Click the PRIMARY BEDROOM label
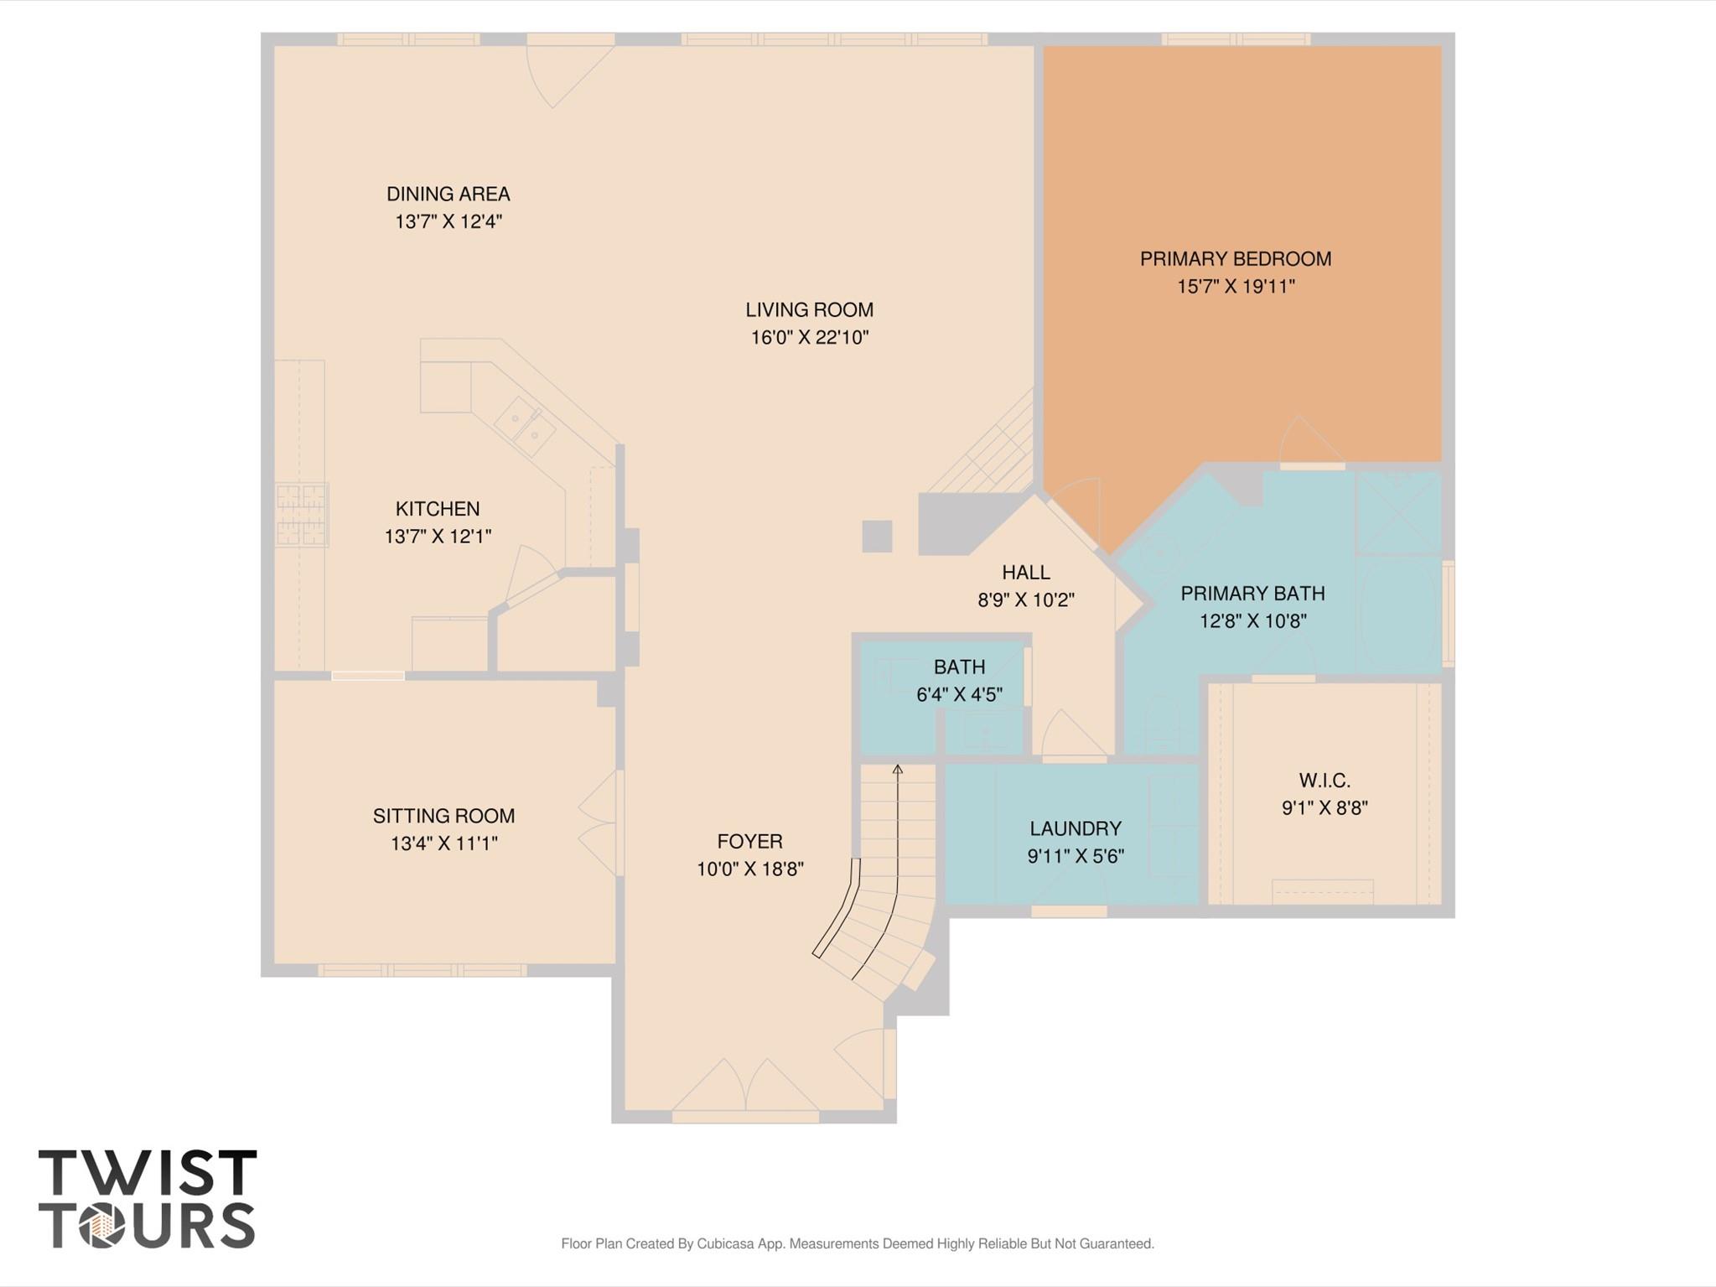click(1235, 259)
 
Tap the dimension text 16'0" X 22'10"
click(809, 338)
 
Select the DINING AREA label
click(448, 195)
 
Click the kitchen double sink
click(525, 426)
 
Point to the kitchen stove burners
click(301, 515)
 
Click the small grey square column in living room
click(877, 536)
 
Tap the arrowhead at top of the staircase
click(898, 768)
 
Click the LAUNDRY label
click(1075, 828)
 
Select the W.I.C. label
click(1325, 781)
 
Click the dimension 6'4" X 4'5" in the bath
click(959, 695)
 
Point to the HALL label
click(1025, 573)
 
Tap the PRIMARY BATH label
click(1252, 594)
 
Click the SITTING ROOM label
click(443, 816)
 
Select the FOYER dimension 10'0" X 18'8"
click(749, 869)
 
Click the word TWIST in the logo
click(148, 1173)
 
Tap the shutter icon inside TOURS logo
click(102, 1226)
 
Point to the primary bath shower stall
click(1397, 512)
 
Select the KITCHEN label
click(437, 509)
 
